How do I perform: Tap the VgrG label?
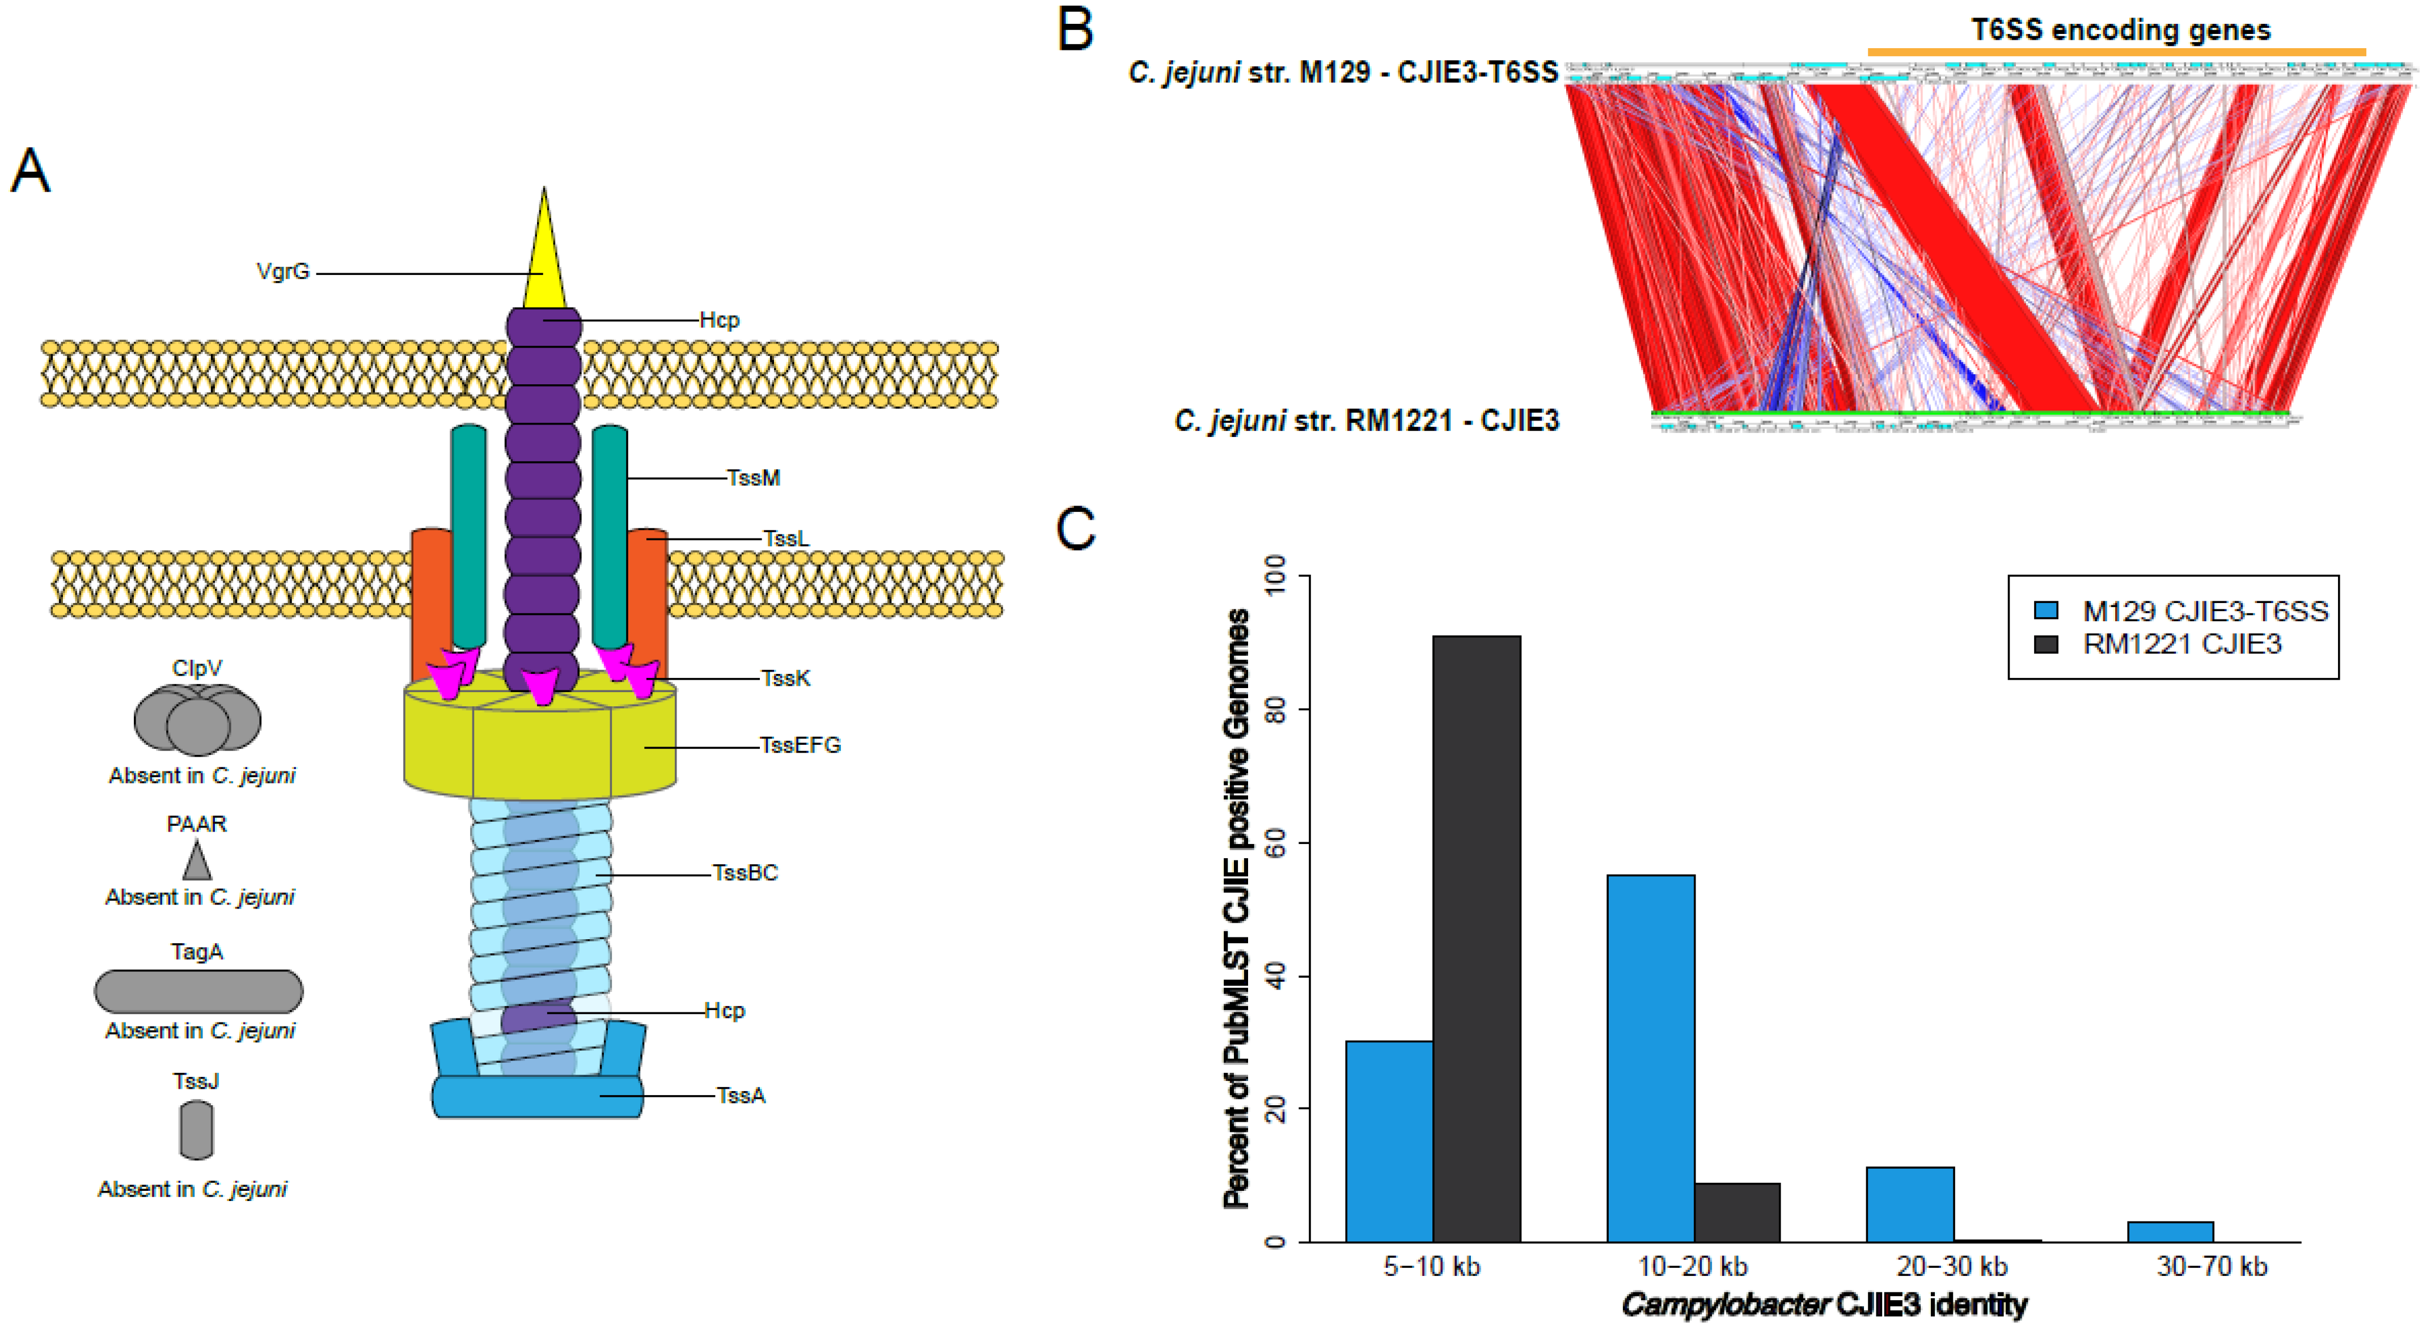pyautogui.click(x=282, y=272)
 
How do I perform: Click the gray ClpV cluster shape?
pyautogui.click(x=197, y=720)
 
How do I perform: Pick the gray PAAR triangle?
pyautogui.click(x=197, y=862)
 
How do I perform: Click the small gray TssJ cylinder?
pyautogui.click(x=196, y=1130)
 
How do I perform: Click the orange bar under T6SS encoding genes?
pyautogui.click(x=2116, y=52)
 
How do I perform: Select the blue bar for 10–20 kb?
pyautogui.click(x=1651, y=1059)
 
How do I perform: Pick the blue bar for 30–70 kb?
pyautogui.click(x=2170, y=1232)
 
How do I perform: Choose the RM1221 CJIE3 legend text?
pyautogui.click(x=2182, y=644)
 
